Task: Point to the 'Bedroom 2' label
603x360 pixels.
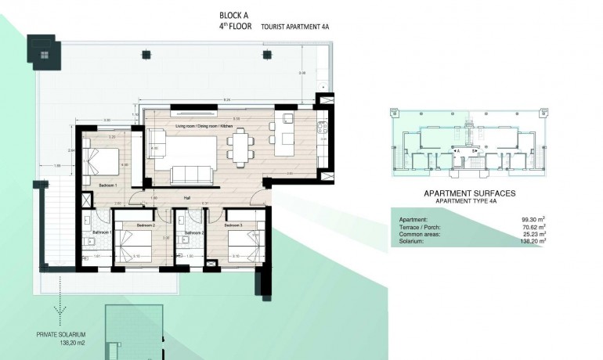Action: click(x=146, y=225)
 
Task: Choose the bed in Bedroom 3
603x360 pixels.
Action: click(x=240, y=244)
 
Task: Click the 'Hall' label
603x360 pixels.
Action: click(x=188, y=197)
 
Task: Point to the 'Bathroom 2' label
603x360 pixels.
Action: click(x=194, y=232)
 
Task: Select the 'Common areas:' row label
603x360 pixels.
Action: click(x=417, y=234)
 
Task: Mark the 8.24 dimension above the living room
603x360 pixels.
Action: click(x=226, y=100)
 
